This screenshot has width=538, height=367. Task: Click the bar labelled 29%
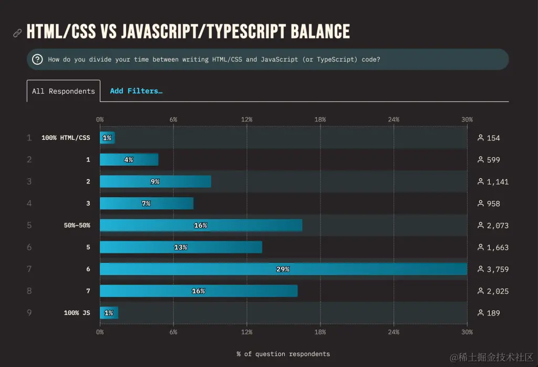point(283,269)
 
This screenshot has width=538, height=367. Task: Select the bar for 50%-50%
point(201,225)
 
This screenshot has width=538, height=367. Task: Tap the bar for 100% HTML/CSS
point(107,138)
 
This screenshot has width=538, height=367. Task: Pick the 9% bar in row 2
point(155,181)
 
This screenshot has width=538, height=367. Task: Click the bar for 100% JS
point(109,313)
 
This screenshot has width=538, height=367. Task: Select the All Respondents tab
point(64,91)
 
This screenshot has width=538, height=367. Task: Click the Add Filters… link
point(136,91)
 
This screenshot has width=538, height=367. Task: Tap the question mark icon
point(37,59)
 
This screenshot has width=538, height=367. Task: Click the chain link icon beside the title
point(17,33)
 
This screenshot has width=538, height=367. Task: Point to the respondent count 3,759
point(497,269)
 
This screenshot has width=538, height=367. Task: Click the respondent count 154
point(493,138)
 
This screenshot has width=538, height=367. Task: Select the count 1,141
point(497,182)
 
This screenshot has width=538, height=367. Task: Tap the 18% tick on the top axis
point(320,119)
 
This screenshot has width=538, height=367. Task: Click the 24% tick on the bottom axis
point(394,332)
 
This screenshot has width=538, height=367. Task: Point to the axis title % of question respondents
point(283,354)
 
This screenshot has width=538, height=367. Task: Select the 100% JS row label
point(77,313)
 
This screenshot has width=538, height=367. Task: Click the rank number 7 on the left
point(29,269)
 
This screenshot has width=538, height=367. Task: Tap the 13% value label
point(181,247)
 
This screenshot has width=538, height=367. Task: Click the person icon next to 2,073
point(480,225)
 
